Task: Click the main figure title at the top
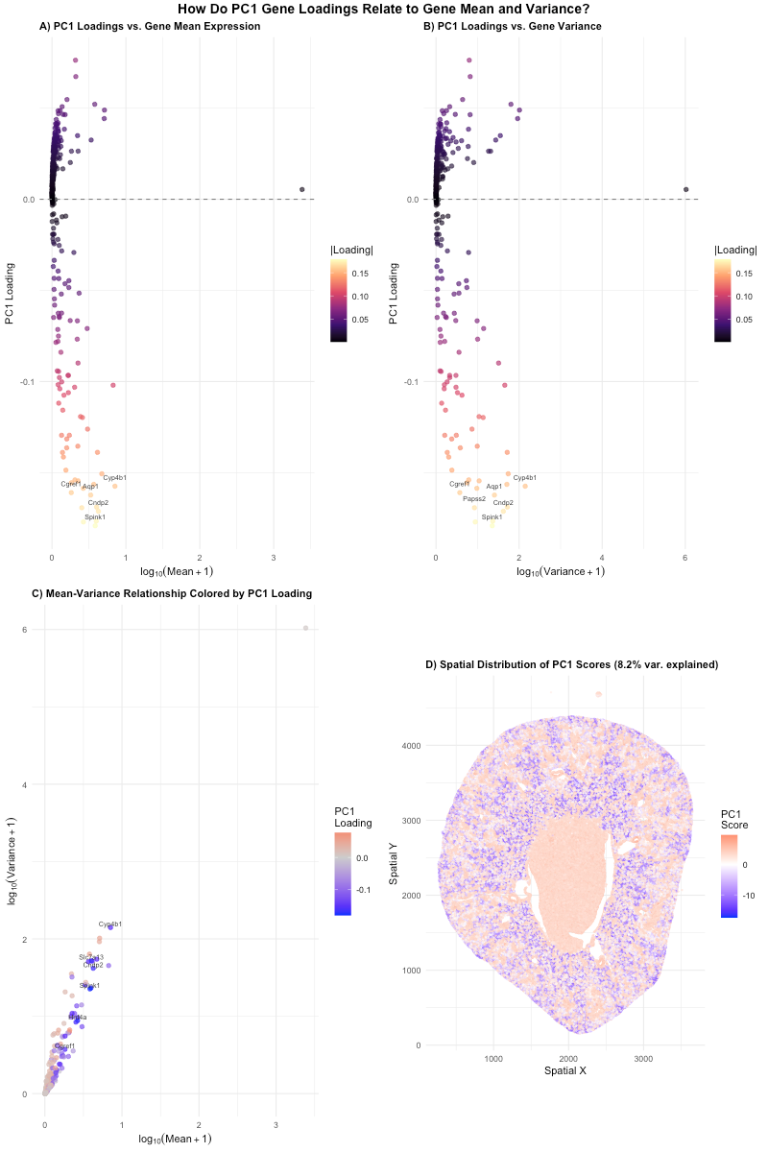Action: (384, 9)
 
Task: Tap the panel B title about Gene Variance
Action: (513, 26)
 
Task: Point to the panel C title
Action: (172, 593)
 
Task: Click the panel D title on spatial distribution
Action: (558, 665)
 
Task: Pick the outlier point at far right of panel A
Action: (301, 190)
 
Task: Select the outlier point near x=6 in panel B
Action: (685, 190)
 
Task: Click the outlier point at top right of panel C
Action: (305, 628)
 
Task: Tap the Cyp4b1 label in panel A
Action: (114, 477)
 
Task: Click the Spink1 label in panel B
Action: (492, 517)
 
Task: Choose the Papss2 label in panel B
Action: (474, 498)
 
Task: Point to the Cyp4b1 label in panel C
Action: (110, 924)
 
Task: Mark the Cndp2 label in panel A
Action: (98, 502)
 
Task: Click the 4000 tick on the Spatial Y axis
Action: (406, 745)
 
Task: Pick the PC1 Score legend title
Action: (734, 819)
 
